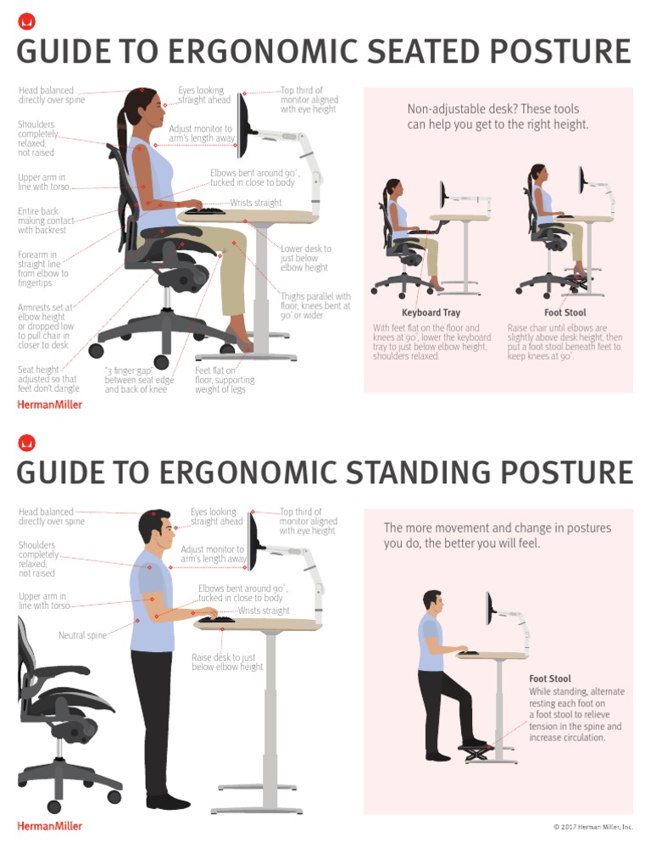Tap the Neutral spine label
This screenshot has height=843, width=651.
click(x=82, y=635)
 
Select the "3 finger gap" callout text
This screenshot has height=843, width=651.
click(x=136, y=380)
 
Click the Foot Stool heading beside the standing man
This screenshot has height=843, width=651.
click(x=549, y=678)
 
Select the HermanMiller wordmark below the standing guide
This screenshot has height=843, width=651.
click(x=50, y=825)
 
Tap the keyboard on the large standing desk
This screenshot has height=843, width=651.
click(x=216, y=620)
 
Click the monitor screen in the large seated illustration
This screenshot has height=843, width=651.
click(x=242, y=121)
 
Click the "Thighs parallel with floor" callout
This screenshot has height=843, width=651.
click(x=314, y=305)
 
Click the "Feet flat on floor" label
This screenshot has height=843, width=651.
click(x=220, y=380)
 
